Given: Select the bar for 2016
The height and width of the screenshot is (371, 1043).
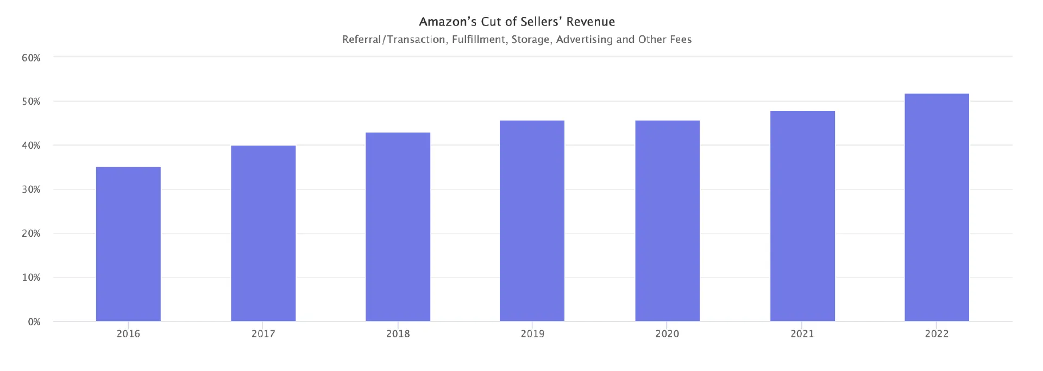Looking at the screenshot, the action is pyautogui.click(x=128, y=244).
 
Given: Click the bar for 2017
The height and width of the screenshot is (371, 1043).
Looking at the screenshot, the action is pyautogui.click(x=263, y=234).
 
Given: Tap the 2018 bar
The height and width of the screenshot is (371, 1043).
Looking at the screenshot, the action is pyautogui.click(x=398, y=227).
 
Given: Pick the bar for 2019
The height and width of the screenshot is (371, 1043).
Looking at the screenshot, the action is pyautogui.click(x=532, y=221).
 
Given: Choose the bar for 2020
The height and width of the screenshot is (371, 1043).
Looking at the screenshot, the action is pyautogui.click(x=668, y=221).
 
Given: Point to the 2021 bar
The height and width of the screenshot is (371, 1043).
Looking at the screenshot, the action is pyautogui.click(x=802, y=216).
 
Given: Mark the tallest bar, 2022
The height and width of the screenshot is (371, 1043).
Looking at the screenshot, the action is pyautogui.click(x=937, y=207).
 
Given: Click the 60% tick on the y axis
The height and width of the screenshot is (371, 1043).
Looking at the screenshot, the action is pyautogui.click(x=31, y=58).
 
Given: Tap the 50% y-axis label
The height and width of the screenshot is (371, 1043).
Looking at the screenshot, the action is pyautogui.click(x=31, y=102).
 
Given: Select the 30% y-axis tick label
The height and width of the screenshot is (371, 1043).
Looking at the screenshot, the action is pyautogui.click(x=31, y=190).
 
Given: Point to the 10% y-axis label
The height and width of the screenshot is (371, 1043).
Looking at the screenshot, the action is pyautogui.click(x=31, y=278).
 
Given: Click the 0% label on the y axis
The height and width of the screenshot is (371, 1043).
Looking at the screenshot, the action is pyautogui.click(x=34, y=322).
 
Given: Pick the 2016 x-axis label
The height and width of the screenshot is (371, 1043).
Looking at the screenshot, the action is pyautogui.click(x=128, y=334).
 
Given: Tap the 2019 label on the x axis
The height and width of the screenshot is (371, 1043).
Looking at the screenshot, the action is pyautogui.click(x=532, y=334).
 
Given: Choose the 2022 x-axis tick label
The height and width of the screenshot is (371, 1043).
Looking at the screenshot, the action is pyautogui.click(x=937, y=334).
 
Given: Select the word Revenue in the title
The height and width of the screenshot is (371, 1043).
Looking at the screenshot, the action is pyautogui.click(x=590, y=22).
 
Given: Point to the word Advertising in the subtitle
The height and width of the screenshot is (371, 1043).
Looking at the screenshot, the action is pyautogui.click(x=585, y=40).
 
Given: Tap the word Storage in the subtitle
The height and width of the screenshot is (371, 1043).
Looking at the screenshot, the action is pyautogui.click(x=531, y=40).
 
